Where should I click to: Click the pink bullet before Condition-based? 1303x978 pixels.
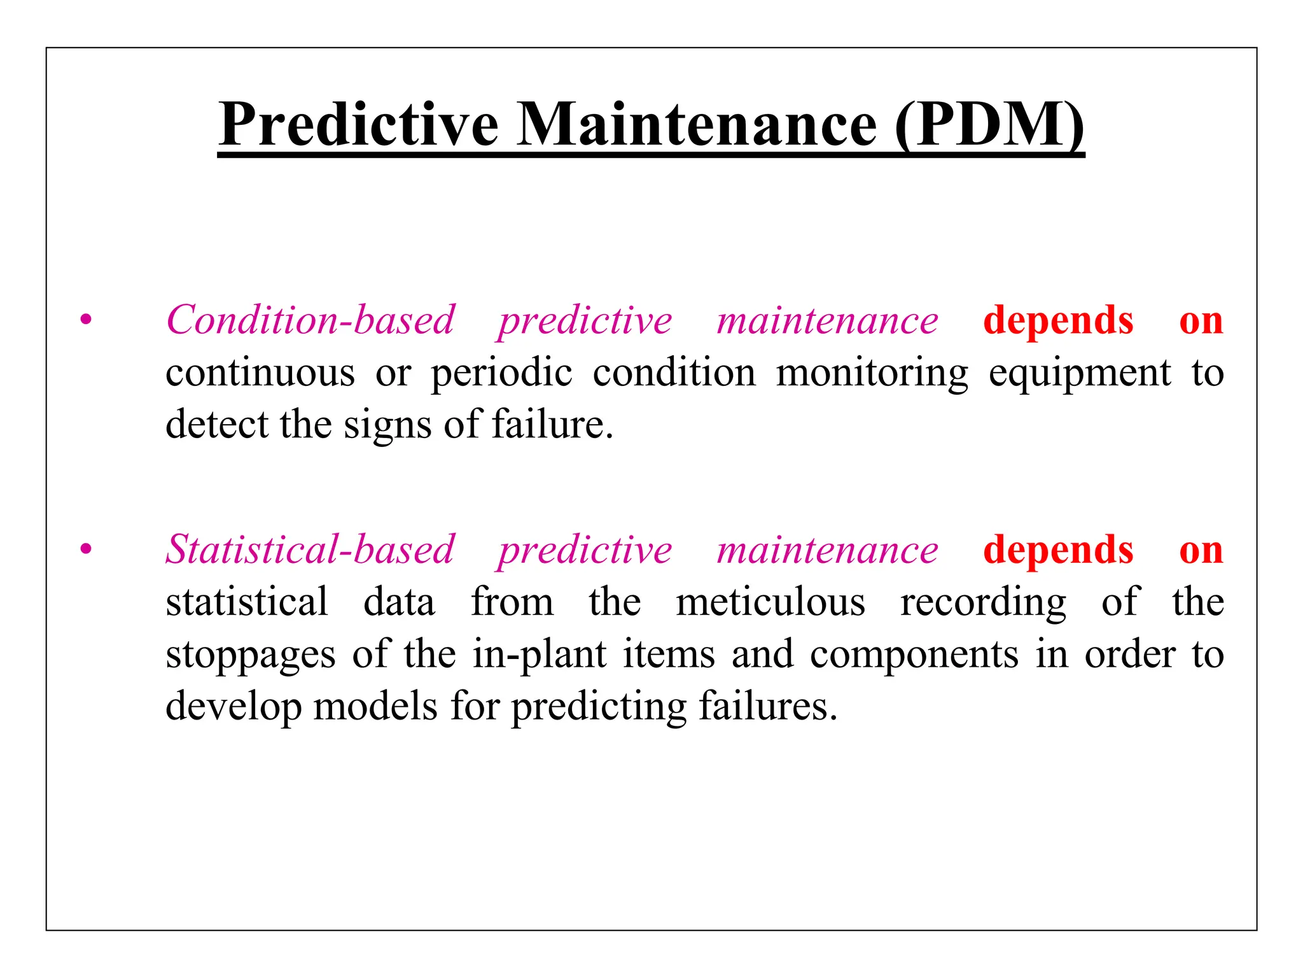tap(86, 320)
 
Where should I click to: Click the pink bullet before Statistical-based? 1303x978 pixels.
tap(86, 549)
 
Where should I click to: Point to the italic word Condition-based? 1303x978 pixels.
tap(310, 320)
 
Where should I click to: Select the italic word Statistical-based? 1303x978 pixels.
tap(310, 549)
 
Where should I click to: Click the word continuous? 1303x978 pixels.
tap(260, 372)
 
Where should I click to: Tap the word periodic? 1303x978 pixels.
tap(501, 374)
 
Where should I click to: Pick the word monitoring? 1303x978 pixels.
tap(872, 374)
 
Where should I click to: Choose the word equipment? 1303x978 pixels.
tap(1079, 374)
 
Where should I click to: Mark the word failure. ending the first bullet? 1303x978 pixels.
tap(552, 424)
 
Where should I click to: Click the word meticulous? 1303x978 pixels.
tap(770, 602)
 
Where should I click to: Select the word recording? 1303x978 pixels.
tap(983, 603)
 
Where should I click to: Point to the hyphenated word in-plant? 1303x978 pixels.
tap(540, 655)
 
